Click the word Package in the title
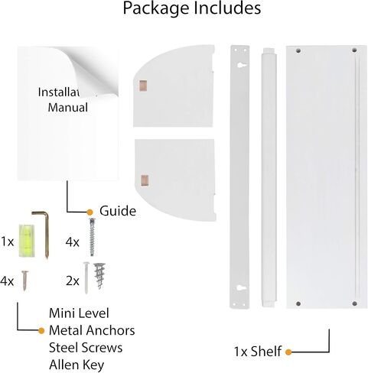(157, 8)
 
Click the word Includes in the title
(227, 8)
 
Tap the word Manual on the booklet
(68, 107)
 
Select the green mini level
(26, 241)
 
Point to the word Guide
(118, 211)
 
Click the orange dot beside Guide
(90, 212)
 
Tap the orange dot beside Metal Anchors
(41, 331)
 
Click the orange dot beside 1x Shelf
(288, 352)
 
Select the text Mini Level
(79, 313)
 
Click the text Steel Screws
(86, 348)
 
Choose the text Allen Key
(77, 365)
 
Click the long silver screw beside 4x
(92, 237)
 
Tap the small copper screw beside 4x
(24, 281)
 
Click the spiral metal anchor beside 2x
(99, 275)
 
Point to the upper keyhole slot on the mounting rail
(240, 66)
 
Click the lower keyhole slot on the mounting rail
(240, 288)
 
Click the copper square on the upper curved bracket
(143, 86)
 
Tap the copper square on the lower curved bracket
(145, 180)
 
